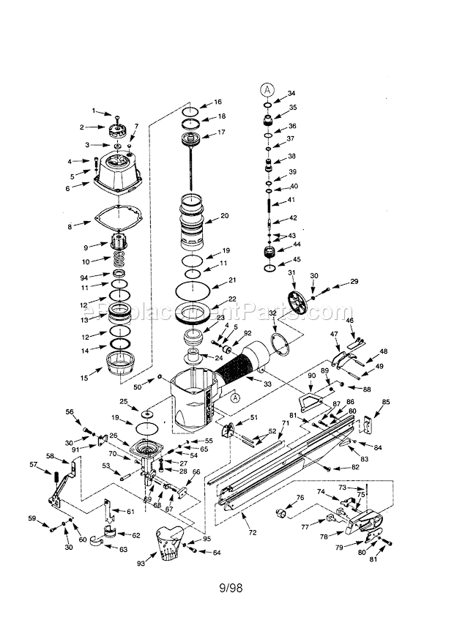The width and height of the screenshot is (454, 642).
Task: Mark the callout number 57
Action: [33, 464]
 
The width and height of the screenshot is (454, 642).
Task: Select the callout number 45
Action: [297, 258]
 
